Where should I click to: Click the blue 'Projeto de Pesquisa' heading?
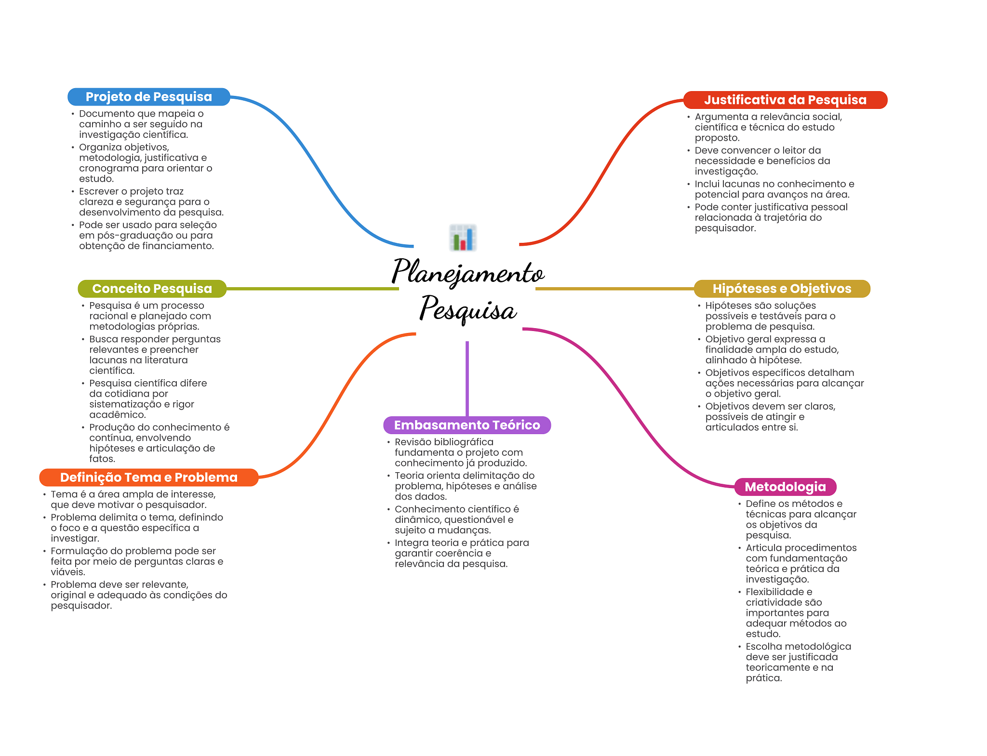tap(148, 97)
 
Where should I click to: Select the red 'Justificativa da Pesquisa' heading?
tap(785, 100)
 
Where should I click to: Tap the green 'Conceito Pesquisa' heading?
tap(152, 289)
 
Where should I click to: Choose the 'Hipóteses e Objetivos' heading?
tap(781, 289)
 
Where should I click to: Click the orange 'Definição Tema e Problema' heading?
tap(148, 477)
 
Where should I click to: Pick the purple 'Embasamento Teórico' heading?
tap(467, 425)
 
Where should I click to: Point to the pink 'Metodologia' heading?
tap(785, 487)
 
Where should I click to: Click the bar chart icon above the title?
tap(463, 238)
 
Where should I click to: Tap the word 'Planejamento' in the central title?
tap(467, 272)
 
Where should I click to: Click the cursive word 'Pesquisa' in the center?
tap(467, 309)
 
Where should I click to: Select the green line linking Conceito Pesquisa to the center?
tap(313, 289)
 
